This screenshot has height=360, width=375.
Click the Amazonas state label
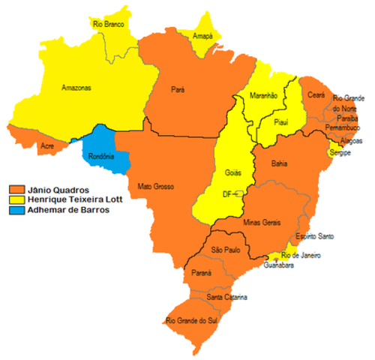pos(76,88)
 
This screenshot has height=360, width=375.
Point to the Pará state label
pos(178,88)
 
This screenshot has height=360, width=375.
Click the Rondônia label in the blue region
pos(101,157)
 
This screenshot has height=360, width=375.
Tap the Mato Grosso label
pos(155,185)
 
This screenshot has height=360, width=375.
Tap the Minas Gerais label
pos(261,223)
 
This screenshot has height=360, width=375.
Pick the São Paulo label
pos(225,248)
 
